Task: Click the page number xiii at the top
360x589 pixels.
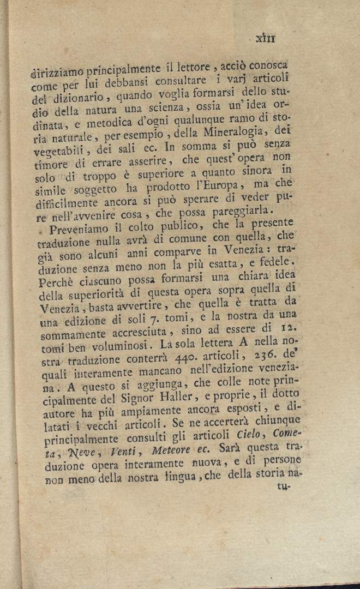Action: point(266,38)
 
